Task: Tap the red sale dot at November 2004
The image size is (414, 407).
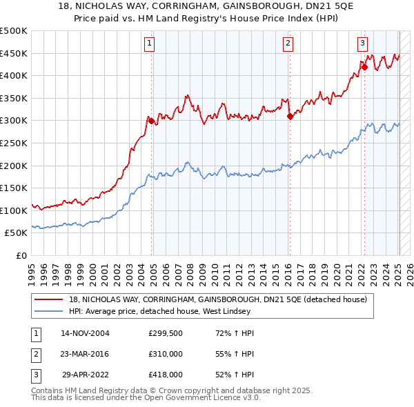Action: click(151, 121)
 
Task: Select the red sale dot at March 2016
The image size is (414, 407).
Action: click(290, 116)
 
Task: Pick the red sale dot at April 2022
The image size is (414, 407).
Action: click(364, 67)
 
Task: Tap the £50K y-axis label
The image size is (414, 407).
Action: click(17, 233)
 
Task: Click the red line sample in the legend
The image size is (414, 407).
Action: click(50, 299)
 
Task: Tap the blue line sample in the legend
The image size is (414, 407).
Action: click(50, 311)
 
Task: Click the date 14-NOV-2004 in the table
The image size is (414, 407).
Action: click(85, 333)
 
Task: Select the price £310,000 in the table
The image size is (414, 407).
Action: click(166, 354)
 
